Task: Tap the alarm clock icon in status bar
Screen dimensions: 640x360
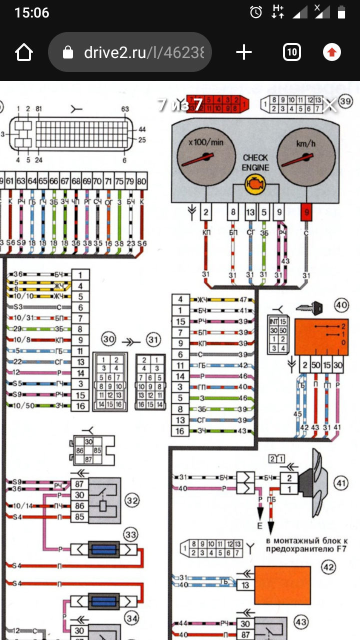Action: click(256, 12)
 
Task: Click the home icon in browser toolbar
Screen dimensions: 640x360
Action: click(24, 52)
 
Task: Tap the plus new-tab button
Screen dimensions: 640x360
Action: click(243, 52)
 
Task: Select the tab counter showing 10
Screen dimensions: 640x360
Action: click(291, 52)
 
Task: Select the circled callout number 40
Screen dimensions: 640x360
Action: click(341, 304)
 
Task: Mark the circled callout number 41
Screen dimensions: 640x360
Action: click(341, 483)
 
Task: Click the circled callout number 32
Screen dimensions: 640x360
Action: click(131, 499)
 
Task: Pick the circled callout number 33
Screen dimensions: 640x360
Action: click(131, 535)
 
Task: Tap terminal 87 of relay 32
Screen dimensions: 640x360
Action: click(79, 484)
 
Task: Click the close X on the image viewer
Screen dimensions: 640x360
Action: click(329, 105)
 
